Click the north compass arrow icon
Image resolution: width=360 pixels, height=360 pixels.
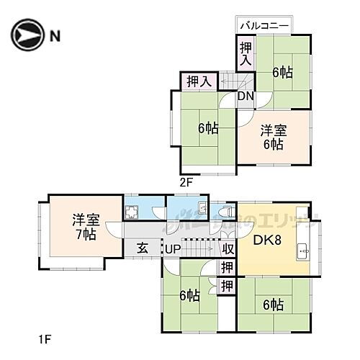click(24, 34)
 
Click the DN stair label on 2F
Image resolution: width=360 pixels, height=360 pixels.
click(245, 96)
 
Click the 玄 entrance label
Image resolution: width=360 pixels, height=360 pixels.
click(143, 248)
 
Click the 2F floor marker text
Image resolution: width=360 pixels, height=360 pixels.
click(186, 184)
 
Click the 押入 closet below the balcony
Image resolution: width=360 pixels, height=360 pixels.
click(245, 53)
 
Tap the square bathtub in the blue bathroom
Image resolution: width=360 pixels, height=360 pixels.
click(132, 211)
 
